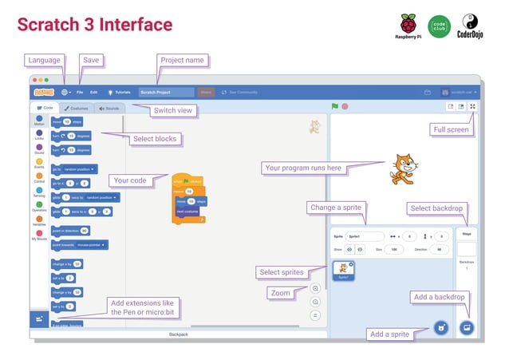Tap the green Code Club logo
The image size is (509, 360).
439,26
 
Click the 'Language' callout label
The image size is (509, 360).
45,61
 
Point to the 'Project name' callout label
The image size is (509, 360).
183,61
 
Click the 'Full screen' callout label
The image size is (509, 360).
451,129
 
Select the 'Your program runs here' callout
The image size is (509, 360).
302,168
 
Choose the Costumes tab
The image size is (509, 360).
77,108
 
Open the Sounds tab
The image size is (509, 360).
109,108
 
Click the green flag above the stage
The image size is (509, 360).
335,106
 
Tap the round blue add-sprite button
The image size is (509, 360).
438,327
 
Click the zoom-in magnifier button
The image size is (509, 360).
315,288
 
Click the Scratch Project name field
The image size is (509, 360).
166,93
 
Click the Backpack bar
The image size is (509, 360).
179,334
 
